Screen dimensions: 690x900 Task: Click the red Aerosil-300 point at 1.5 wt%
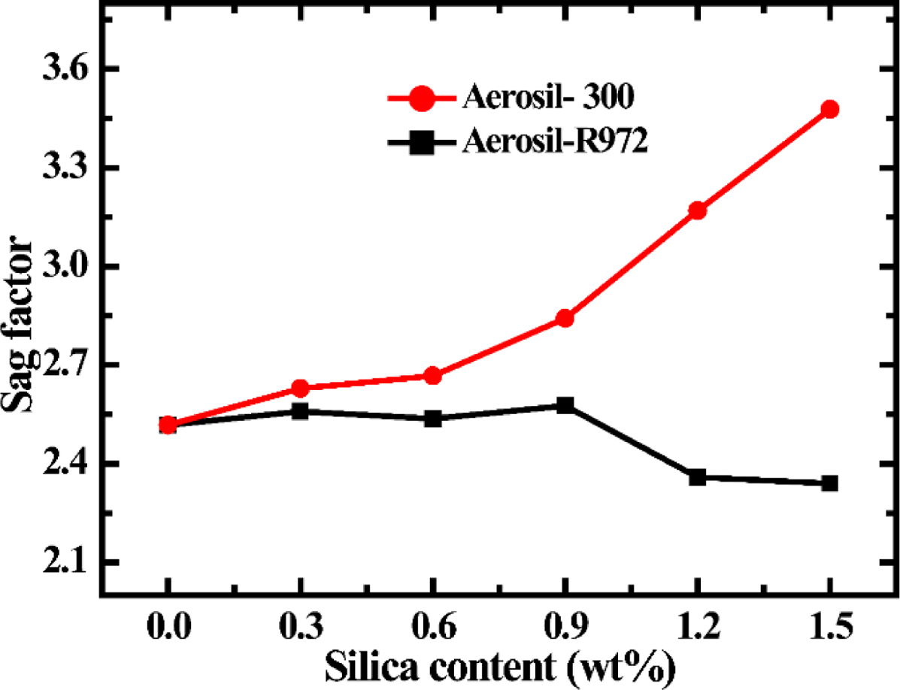[x=830, y=110]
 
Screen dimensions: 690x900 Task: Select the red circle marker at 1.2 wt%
[x=698, y=210]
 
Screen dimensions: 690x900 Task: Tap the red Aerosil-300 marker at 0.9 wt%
[x=565, y=319]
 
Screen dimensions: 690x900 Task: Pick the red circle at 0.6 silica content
[x=432, y=376]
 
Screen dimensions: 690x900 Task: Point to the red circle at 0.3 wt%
[x=300, y=389]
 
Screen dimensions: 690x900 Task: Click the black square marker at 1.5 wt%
[x=830, y=483]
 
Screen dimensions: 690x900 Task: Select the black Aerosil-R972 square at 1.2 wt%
[x=698, y=477]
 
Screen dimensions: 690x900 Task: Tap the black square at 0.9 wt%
[x=565, y=406]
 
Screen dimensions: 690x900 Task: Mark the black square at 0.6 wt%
[x=432, y=418]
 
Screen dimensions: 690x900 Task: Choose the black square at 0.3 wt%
[x=300, y=411]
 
